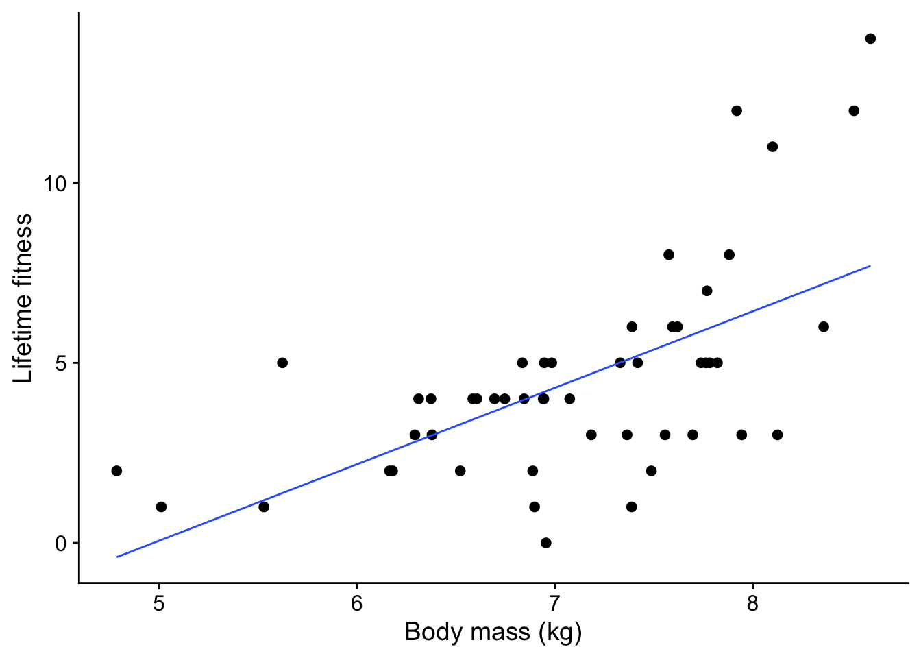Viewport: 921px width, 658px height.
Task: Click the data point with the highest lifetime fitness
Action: tap(870, 38)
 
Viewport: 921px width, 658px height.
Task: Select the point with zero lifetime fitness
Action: tap(545, 543)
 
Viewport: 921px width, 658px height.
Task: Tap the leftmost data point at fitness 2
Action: tap(116, 471)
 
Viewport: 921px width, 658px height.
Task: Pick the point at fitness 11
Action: tap(772, 147)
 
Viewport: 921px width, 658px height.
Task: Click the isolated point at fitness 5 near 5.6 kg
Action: tap(282, 363)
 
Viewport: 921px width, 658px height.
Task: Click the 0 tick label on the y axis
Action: tap(62, 544)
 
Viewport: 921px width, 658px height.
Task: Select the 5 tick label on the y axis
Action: tap(62, 363)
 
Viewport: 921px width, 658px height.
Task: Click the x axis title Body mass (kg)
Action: tap(493, 632)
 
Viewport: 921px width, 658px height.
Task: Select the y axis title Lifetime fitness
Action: tap(23, 297)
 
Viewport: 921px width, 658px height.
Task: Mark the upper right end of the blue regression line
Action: tap(870, 266)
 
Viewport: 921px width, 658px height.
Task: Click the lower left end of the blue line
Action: tap(117, 557)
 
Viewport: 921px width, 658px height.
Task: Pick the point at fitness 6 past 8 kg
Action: tap(824, 327)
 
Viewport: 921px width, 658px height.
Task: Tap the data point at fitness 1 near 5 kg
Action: tap(161, 507)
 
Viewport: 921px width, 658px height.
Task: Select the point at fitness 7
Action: tap(707, 291)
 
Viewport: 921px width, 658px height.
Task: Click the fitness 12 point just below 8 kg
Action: tap(737, 110)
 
